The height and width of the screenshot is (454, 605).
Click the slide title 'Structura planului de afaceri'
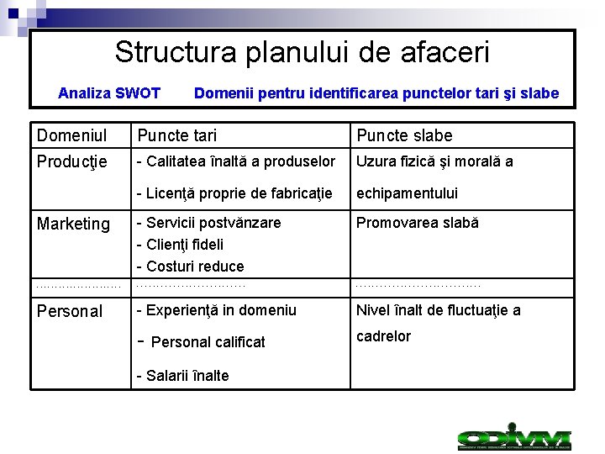click(x=302, y=52)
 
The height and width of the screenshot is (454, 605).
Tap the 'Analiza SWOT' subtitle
click(x=109, y=93)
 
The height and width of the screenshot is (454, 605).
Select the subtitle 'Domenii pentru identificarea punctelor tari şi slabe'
click(x=376, y=93)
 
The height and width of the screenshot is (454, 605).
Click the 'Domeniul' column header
click(x=71, y=135)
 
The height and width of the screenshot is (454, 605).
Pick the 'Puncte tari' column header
click(x=176, y=135)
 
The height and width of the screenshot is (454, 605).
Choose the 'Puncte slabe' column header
click(x=404, y=135)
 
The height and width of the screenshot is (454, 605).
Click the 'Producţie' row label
click(x=71, y=161)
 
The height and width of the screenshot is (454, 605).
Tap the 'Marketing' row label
click(x=73, y=224)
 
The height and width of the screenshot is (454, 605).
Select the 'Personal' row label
click(x=70, y=311)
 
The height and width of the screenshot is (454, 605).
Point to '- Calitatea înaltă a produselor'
click(x=235, y=161)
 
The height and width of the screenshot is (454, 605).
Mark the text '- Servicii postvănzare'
click(x=208, y=223)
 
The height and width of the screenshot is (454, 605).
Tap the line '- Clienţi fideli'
click(x=180, y=245)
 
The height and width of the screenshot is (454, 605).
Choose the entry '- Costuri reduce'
click(x=190, y=267)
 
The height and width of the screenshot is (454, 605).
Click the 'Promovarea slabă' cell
click(x=417, y=223)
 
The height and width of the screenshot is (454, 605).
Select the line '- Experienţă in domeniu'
click(x=216, y=310)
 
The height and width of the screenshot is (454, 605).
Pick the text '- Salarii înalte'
click(x=182, y=376)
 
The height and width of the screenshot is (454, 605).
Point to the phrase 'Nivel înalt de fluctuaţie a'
click(x=438, y=310)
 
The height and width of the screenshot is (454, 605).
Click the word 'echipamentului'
click(x=407, y=193)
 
